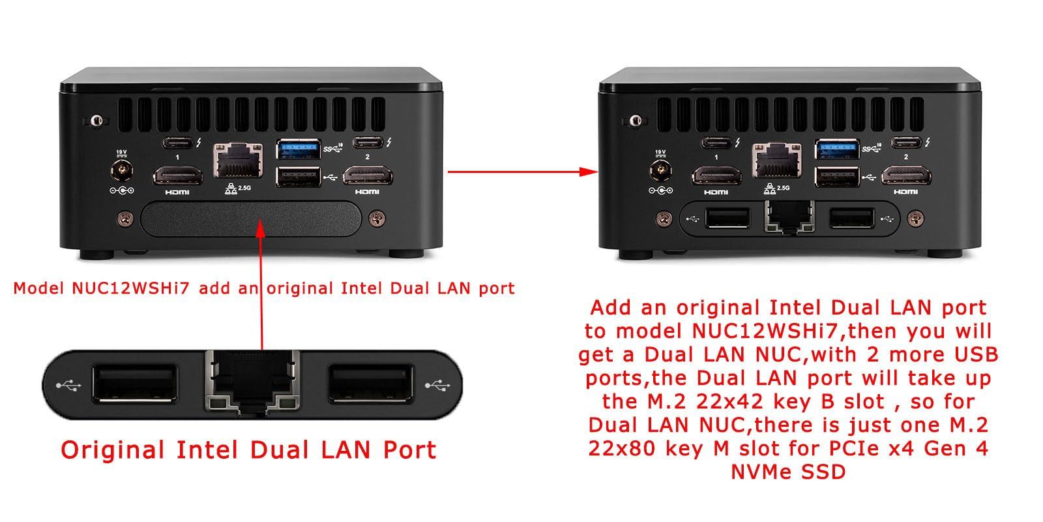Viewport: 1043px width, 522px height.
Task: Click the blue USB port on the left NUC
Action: (x=299, y=149)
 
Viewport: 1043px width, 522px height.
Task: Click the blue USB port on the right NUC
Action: (x=838, y=149)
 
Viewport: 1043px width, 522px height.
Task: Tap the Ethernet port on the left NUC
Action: (x=237, y=161)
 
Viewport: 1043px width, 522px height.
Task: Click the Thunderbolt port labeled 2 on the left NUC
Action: (x=366, y=142)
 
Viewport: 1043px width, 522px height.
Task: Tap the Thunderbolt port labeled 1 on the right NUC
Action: (x=716, y=142)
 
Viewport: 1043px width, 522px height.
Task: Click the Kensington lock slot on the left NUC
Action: (x=96, y=120)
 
